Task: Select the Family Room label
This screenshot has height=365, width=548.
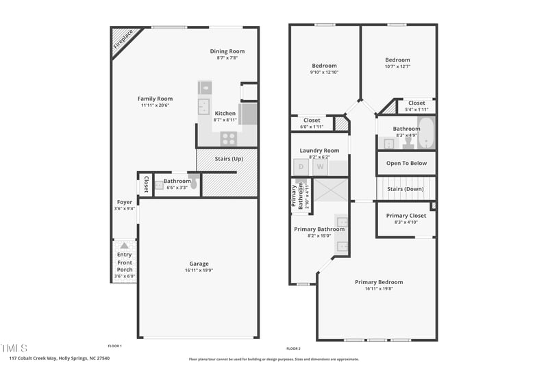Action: pyautogui.click(x=155, y=99)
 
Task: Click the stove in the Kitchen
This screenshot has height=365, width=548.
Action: pyautogui.click(x=228, y=138)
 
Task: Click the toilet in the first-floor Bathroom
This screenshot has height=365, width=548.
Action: pyautogui.click(x=193, y=184)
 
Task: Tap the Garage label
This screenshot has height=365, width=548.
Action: pyautogui.click(x=199, y=264)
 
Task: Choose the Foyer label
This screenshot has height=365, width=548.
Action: pyautogui.click(x=124, y=202)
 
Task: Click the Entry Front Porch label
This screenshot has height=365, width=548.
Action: pyautogui.click(x=125, y=261)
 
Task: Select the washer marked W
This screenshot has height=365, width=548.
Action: pyautogui.click(x=320, y=166)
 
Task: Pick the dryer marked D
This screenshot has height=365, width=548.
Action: pyautogui.click(x=301, y=166)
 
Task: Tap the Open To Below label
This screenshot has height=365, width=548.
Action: pyautogui.click(x=406, y=164)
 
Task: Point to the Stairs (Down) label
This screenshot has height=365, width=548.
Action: pyautogui.click(x=406, y=188)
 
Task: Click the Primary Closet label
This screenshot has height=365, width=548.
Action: pyautogui.click(x=406, y=216)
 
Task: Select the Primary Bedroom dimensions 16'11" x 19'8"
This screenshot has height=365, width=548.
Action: pyautogui.click(x=379, y=289)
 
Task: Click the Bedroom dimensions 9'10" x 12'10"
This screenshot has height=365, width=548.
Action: pyautogui.click(x=324, y=72)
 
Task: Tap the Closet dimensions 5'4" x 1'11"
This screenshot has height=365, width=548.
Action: pyautogui.click(x=416, y=110)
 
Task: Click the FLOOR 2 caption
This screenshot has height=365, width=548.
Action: pyautogui.click(x=293, y=349)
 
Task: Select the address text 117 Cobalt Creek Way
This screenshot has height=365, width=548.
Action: pyautogui.click(x=35, y=358)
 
